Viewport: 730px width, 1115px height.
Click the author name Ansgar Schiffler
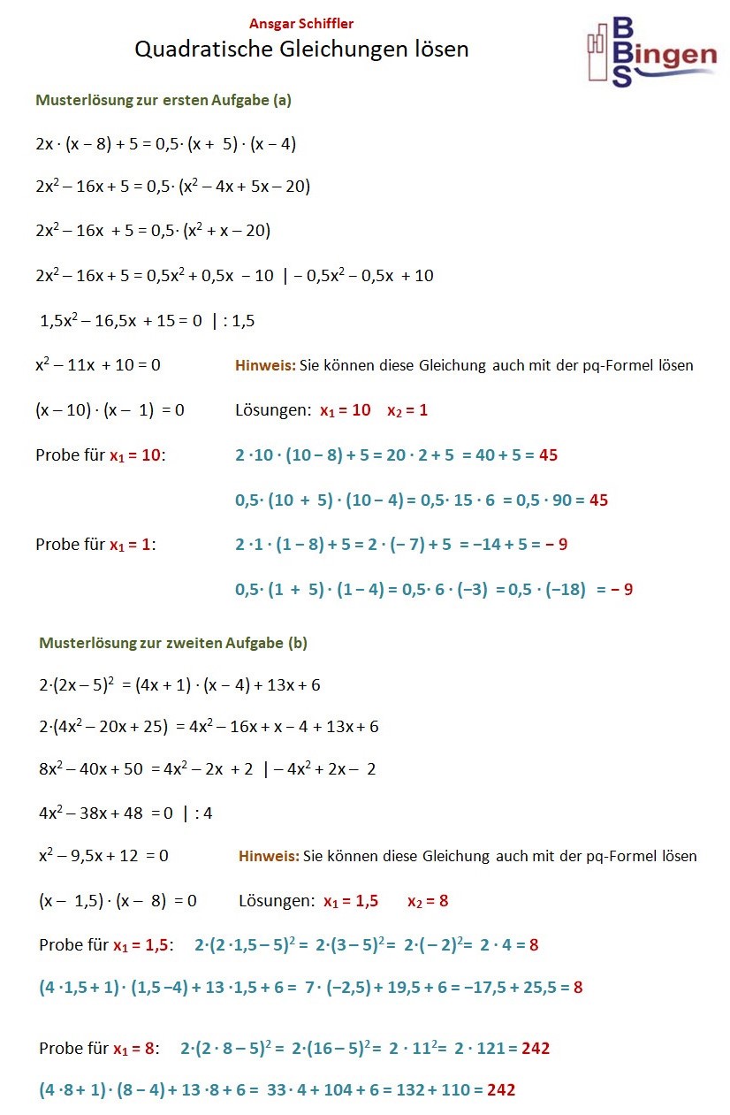click(301, 24)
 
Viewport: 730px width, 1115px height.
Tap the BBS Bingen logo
click(650, 51)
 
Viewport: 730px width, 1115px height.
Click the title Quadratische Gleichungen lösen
click(301, 50)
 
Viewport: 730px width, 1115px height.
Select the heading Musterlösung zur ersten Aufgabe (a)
click(163, 100)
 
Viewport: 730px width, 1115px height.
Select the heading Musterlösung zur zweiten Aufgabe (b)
click(173, 643)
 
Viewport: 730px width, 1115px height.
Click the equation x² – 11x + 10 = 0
click(98, 364)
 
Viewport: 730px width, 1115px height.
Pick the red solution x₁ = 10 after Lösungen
click(346, 410)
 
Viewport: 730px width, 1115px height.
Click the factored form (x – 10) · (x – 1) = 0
click(110, 410)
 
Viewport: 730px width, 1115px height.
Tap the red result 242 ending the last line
click(501, 1089)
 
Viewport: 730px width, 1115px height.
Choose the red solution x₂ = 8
click(428, 901)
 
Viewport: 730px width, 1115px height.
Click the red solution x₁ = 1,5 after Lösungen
click(351, 901)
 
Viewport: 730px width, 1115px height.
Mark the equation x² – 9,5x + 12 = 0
click(103, 855)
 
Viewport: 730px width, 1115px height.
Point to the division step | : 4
click(197, 813)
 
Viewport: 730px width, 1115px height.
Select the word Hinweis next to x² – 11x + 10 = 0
click(265, 364)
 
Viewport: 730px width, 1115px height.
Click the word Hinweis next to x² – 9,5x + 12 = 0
click(269, 855)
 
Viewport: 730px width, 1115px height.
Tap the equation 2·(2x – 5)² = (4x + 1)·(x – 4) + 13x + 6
click(179, 684)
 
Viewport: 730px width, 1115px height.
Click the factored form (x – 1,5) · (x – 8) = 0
click(118, 901)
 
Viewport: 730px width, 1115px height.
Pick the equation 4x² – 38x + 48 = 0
click(106, 813)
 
